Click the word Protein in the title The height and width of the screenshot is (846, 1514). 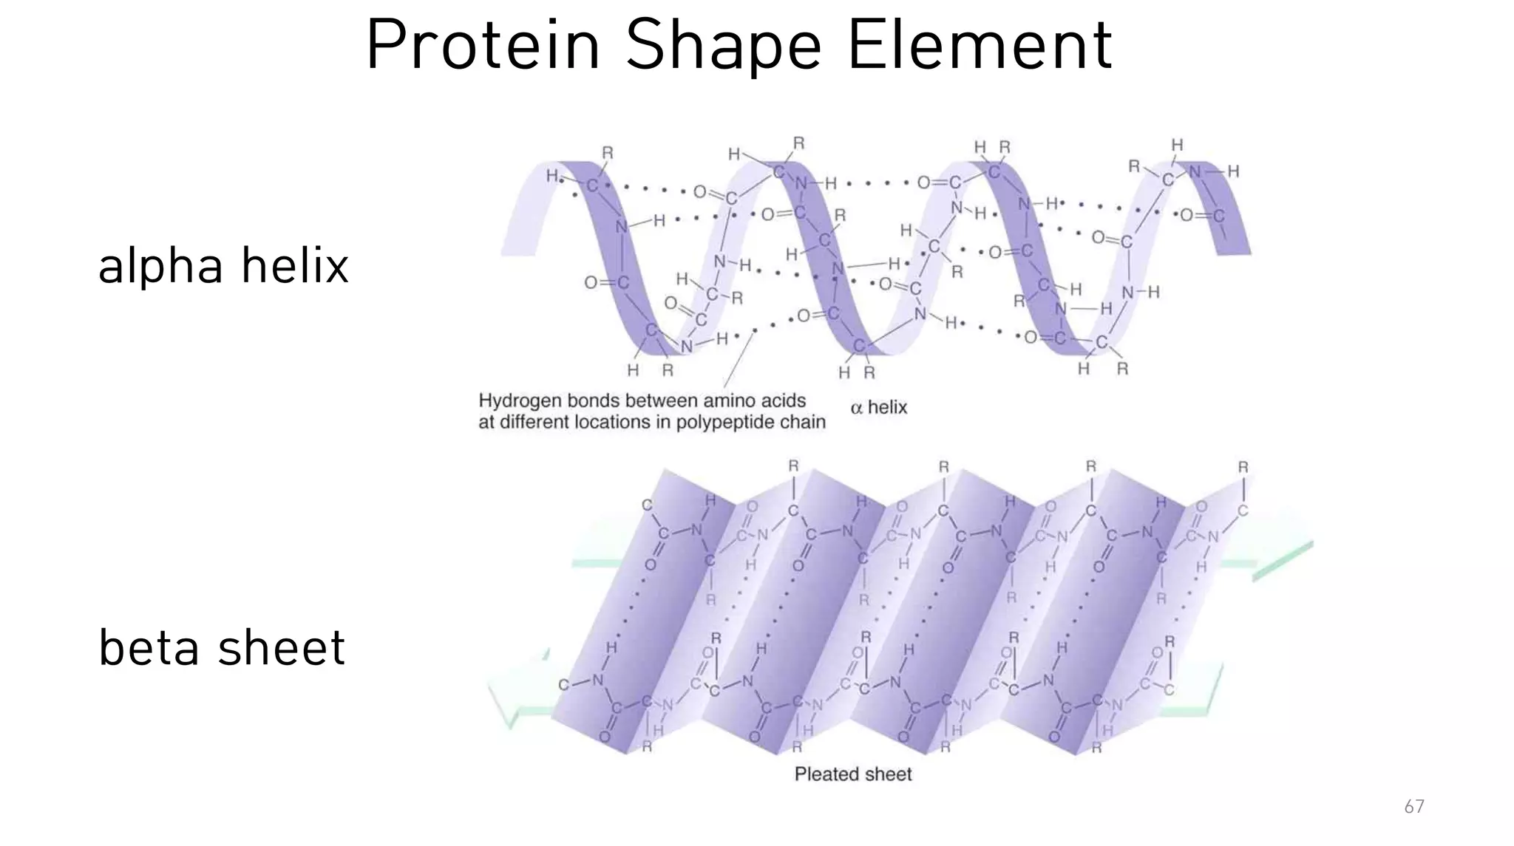tap(482, 46)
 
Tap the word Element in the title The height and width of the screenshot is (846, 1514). tap(979, 46)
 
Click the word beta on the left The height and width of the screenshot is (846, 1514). tap(149, 648)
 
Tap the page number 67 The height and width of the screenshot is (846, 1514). tap(1413, 807)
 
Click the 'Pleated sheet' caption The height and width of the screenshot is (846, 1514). tap(852, 774)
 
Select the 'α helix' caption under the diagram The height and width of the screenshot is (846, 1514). tap(878, 407)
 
